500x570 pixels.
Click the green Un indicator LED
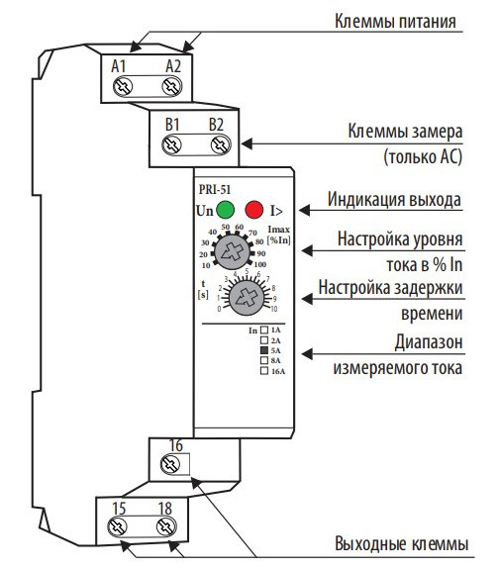(226, 210)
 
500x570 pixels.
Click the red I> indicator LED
(255, 210)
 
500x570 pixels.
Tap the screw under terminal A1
(124, 87)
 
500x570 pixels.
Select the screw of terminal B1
(172, 145)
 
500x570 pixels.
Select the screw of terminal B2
(219, 145)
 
